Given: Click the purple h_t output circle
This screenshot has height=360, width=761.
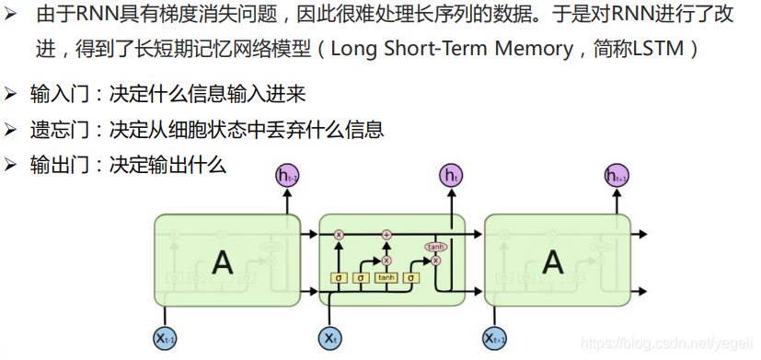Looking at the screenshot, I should coord(451,175).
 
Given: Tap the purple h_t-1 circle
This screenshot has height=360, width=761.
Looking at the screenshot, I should coord(287,175).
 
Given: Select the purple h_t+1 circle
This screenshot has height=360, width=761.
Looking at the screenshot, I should coord(617,175).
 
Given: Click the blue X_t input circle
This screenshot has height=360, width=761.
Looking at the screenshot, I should coord(329,338).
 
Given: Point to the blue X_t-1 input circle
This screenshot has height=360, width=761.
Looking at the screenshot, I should coord(166,338).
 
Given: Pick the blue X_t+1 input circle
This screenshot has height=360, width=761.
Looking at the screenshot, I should coord(495,338).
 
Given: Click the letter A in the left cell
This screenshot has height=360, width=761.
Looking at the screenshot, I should coord(222,263).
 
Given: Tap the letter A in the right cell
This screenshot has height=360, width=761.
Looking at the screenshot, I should coord(552,263).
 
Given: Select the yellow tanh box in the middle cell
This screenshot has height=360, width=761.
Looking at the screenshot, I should coord(386,277).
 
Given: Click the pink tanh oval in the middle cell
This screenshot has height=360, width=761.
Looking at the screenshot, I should coord(434,247).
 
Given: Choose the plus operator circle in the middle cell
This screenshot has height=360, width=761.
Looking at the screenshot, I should coord(386,236).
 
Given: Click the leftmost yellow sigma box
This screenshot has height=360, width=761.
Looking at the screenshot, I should coord(338,277).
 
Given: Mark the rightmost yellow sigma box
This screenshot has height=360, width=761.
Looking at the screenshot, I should coord(411,277).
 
